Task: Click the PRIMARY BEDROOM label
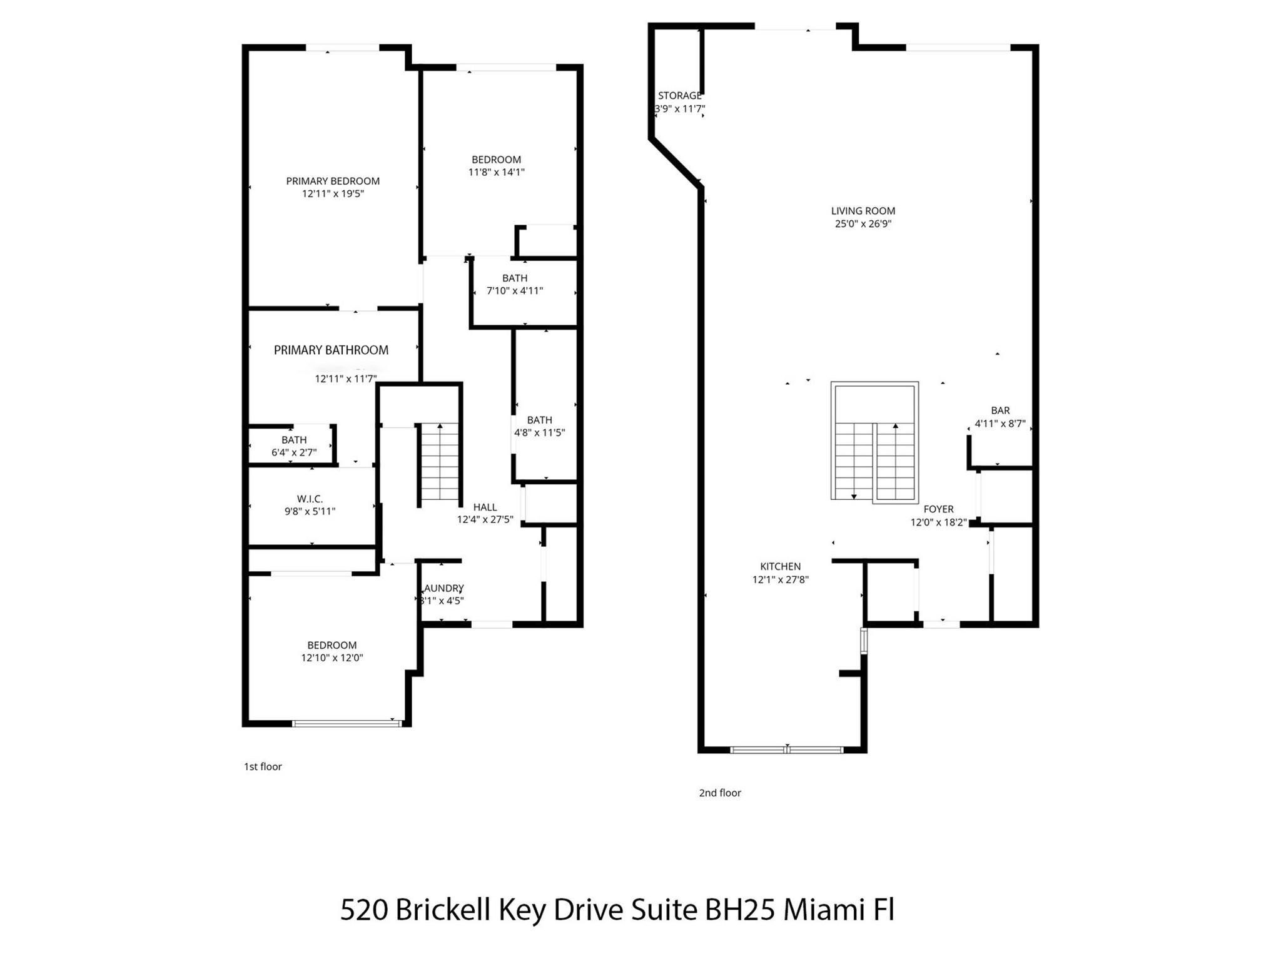click(x=333, y=181)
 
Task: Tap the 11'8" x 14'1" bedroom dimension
click(x=496, y=172)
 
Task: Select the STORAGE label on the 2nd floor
click(x=679, y=96)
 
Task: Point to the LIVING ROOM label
click(x=863, y=211)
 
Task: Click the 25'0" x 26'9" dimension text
click(x=863, y=224)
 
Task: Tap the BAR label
click(x=1000, y=410)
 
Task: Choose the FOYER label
click(x=938, y=509)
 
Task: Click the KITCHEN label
click(x=780, y=566)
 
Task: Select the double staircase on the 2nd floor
click(x=874, y=441)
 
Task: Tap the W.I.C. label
click(x=310, y=499)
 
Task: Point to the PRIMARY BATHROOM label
click(x=331, y=350)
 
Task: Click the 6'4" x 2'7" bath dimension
click(x=294, y=452)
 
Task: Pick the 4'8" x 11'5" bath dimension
click(x=539, y=432)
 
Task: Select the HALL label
click(x=485, y=507)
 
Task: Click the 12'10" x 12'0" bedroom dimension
click(x=332, y=658)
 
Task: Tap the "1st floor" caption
click(x=263, y=766)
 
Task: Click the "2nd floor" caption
click(x=719, y=793)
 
